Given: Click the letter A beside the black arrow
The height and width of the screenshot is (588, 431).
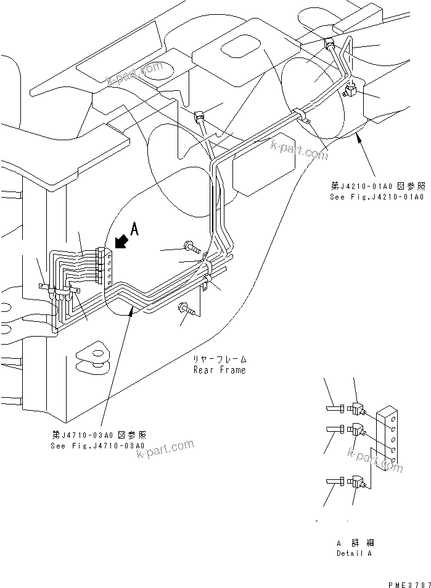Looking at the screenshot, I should pos(135,230).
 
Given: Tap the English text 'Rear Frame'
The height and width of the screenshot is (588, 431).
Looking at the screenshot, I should pos(220,370).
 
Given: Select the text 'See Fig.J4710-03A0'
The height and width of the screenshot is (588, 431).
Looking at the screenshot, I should pos(98,445).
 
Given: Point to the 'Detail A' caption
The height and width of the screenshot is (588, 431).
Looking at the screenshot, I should pos(354,553).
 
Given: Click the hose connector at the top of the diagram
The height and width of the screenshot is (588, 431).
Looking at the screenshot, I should pos(330,45).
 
